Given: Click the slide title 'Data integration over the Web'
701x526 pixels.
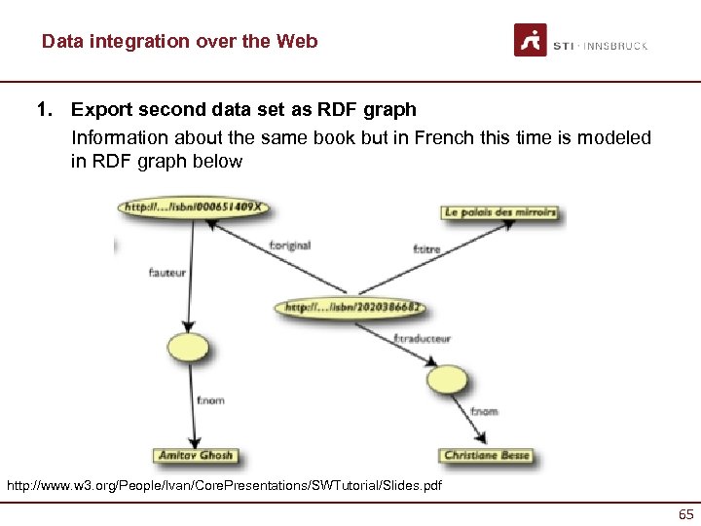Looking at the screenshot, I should coord(179,42).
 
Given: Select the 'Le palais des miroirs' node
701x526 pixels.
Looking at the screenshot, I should coord(500,211).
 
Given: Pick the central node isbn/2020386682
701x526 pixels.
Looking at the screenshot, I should coord(352,308).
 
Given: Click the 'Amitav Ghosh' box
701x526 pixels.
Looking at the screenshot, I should coord(195,455).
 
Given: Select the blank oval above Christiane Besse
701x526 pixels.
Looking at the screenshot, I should coord(446,378).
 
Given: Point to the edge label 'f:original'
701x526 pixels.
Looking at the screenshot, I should coord(289,245).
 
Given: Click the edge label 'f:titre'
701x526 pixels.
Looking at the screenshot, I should coord(426,249).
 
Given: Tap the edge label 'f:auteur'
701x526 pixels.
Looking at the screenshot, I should coord(166,274).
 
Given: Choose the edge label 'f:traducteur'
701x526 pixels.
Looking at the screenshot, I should coord(422,339).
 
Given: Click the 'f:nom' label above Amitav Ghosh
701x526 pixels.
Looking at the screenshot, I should coord(209,400).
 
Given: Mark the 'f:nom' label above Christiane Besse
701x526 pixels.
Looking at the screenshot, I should coord(484,412).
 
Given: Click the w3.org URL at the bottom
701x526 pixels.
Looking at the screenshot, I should coord(224,484).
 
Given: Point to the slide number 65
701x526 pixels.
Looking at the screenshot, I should coord(685,513).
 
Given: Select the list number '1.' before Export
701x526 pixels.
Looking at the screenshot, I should coord(44,109).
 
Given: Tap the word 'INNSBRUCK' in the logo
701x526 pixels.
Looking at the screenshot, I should coord(615,46).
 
